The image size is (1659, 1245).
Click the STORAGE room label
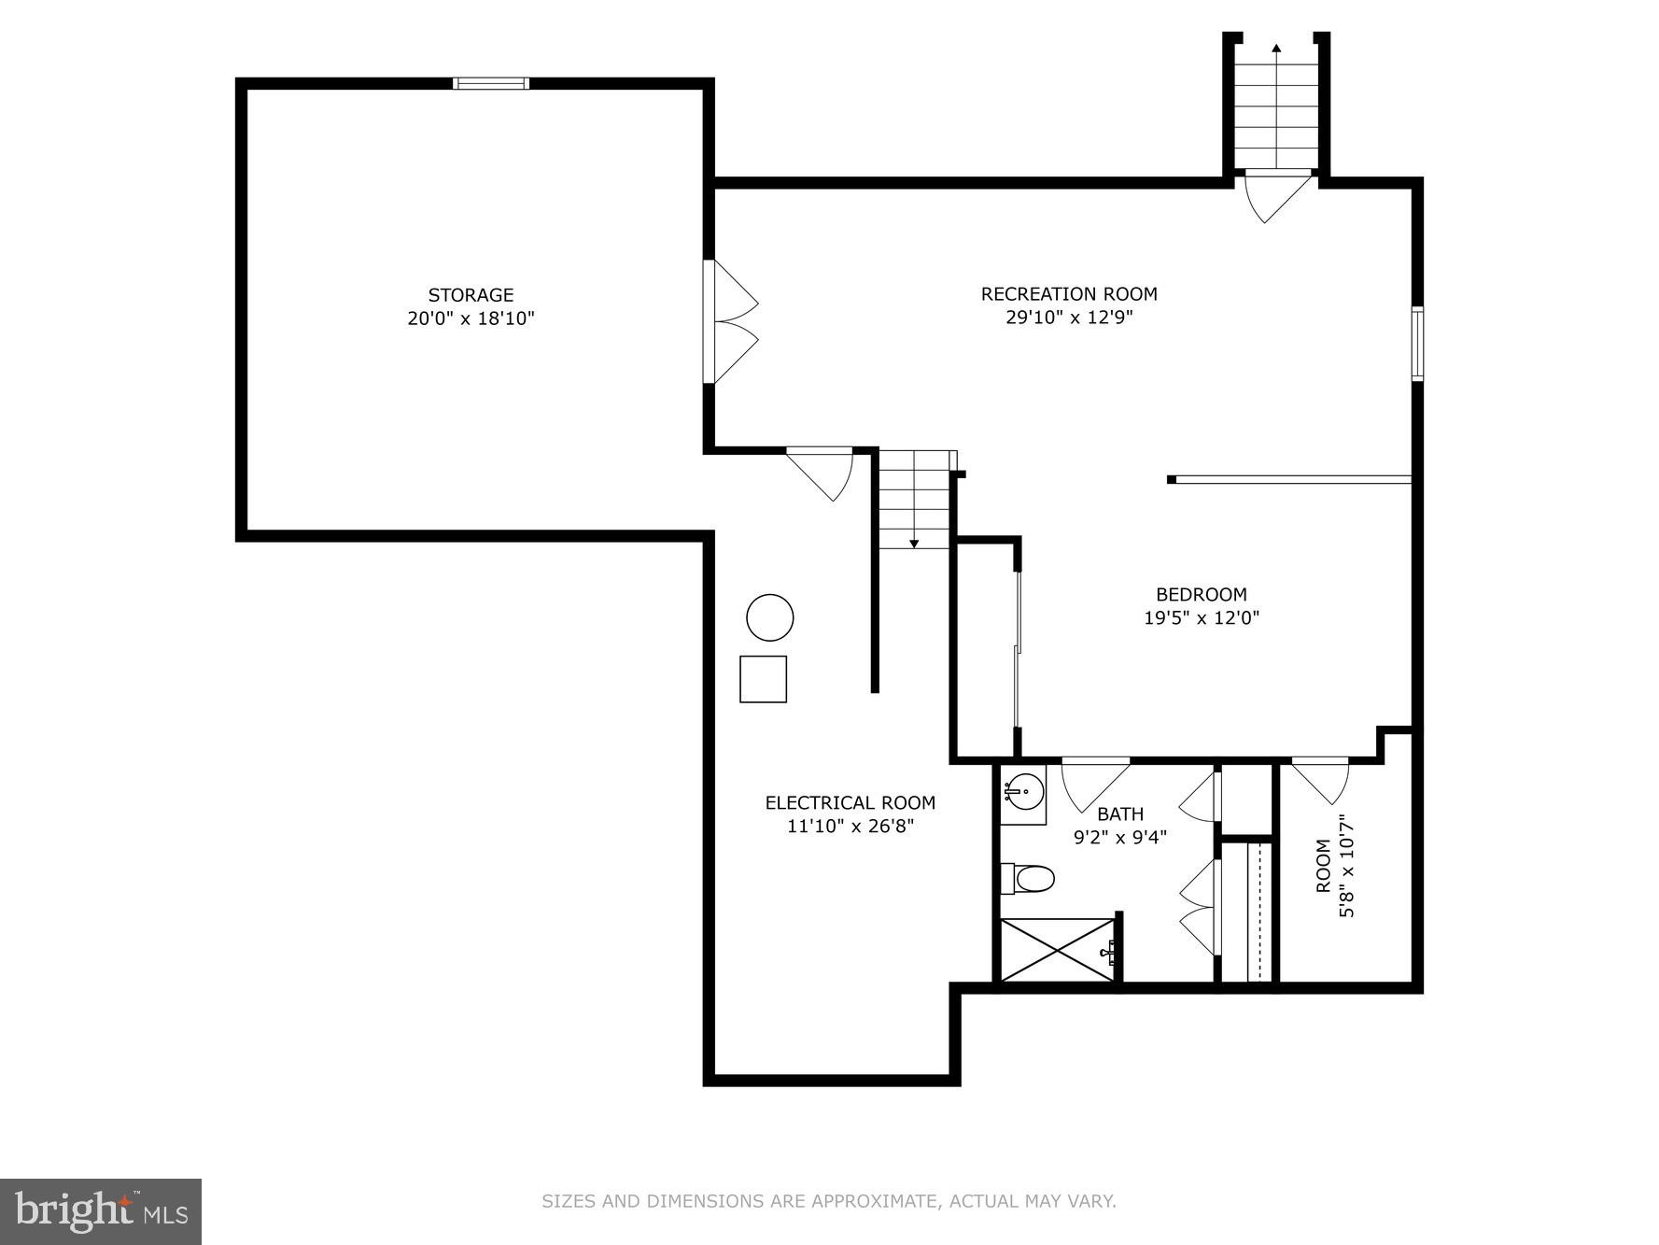[471, 295]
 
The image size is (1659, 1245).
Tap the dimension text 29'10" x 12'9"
[1068, 318]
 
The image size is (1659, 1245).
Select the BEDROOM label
[1201, 594]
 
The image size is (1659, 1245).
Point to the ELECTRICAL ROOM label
[850, 802]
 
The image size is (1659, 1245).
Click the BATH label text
[1119, 813]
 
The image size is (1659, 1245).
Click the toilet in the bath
[1030, 879]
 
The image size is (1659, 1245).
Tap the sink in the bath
[1024, 792]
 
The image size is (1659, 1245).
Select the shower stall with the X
[1058, 950]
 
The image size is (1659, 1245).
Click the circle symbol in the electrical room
[769, 617]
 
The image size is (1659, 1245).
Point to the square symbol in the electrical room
[763, 679]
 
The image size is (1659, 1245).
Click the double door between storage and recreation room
[733, 322]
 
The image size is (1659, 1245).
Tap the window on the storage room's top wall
[490, 83]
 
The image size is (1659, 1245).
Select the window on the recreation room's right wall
[1416, 344]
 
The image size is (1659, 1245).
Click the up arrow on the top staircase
[1275, 49]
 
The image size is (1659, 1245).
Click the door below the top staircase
[1278, 195]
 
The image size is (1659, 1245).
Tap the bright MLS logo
[101, 1211]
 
